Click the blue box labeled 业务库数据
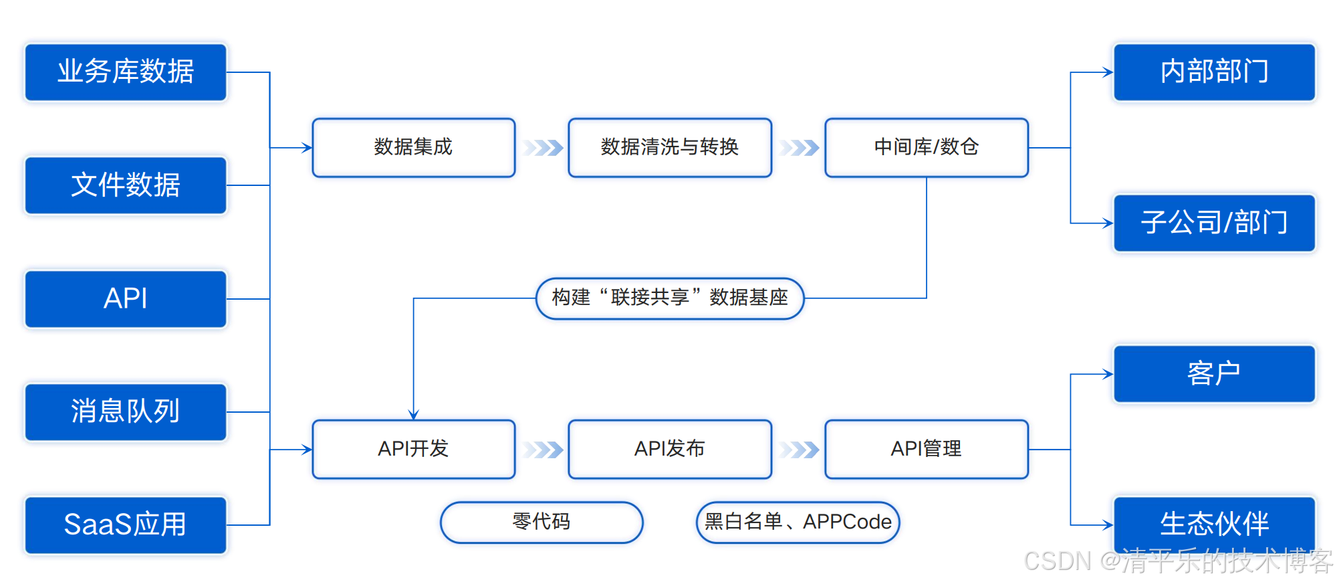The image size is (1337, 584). [126, 72]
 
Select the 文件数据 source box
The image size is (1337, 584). [126, 185]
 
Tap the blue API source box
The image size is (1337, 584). [126, 298]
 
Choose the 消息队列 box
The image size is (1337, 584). [126, 411]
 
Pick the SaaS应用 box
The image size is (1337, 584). [126, 524]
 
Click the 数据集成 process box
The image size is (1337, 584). [413, 147]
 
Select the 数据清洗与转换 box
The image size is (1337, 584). [669, 147]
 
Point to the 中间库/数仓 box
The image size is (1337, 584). [926, 147]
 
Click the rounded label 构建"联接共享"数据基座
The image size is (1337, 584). [669, 298]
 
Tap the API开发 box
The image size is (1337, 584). [413, 449]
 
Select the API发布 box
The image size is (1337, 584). [669, 449]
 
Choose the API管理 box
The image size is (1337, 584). [926, 449]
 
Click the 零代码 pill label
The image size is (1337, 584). [541, 522]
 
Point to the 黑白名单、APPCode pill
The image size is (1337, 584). [798, 522]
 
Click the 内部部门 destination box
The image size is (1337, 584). [1214, 72]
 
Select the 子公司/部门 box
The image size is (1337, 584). [1214, 223]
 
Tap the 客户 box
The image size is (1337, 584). [1214, 374]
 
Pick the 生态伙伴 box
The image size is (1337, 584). [1214, 524]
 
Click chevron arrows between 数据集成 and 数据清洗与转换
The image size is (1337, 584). [543, 148]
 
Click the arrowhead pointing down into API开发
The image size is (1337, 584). [414, 414]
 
